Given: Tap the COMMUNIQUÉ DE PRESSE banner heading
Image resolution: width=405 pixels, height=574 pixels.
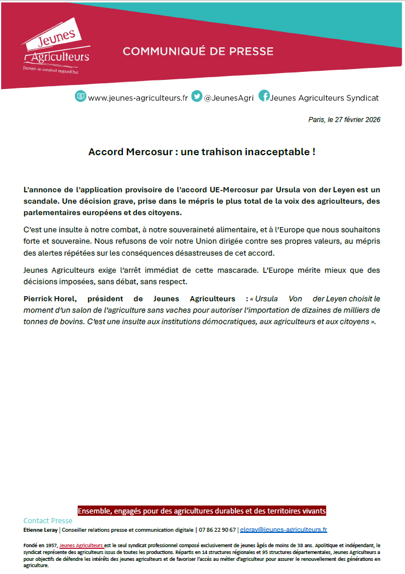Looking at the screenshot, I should tap(198, 51).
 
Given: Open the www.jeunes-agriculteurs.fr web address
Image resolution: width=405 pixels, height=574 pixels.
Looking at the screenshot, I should tap(138, 98).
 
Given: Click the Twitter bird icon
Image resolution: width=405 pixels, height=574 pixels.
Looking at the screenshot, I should tap(197, 96).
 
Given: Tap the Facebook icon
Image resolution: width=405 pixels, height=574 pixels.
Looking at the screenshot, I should tap(264, 96).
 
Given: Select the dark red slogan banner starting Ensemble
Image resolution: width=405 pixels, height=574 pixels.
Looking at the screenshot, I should tap(202, 511).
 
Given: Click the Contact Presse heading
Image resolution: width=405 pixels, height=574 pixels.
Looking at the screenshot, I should tap(48, 520).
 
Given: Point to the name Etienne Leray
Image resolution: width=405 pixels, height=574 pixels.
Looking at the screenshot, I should tap(41, 529).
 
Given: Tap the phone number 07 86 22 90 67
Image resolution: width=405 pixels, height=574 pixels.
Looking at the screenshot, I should tap(217, 529).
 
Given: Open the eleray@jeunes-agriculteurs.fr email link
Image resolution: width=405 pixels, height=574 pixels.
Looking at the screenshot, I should tap(283, 529).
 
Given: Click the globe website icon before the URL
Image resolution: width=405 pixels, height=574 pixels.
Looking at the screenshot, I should tap(81, 96).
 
